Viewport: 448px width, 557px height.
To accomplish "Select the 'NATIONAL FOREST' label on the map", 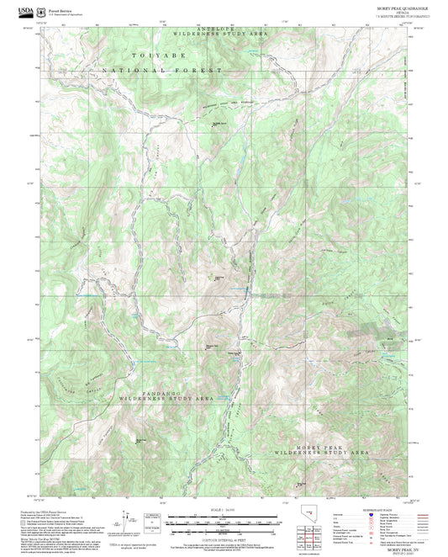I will tap(161, 71).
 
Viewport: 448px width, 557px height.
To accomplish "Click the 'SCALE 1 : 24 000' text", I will tap(225, 510).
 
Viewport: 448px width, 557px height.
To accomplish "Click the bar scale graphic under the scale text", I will tap(225, 518).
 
